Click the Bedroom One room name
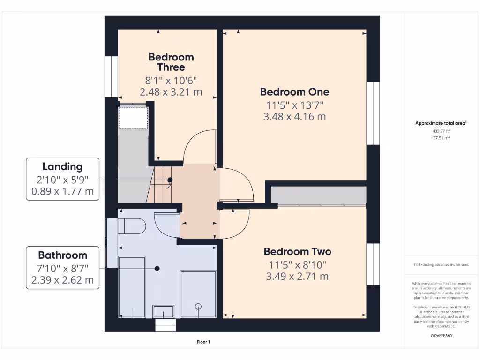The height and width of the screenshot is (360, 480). pyautogui.click(x=294, y=92)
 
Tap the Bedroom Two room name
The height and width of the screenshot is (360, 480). pyautogui.click(x=297, y=252)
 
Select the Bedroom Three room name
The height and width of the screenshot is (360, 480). pyautogui.click(x=171, y=62)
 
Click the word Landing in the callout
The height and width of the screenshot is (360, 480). pyautogui.click(x=62, y=166)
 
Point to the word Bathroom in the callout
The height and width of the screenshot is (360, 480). pyautogui.click(x=62, y=255)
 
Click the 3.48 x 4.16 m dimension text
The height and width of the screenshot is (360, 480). pyautogui.click(x=294, y=117)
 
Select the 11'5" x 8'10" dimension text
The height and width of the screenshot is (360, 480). pyautogui.click(x=297, y=264)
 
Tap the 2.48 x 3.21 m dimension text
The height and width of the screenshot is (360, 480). pyautogui.click(x=171, y=92)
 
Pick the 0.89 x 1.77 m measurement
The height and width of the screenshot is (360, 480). pyautogui.click(x=62, y=191)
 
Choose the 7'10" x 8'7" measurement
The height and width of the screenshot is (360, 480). pyautogui.click(x=62, y=268)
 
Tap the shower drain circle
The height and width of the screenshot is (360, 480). pyautogui.click(x=198, y=306)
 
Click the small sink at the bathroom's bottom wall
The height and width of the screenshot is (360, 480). pyautogui.click(x=164, y=311)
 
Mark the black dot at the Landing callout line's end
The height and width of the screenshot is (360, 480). pyautogui.click(x=170, y=180)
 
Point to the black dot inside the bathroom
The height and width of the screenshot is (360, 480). pyautogui.click(x=157, y=269)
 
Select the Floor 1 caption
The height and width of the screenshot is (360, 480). pyautogui.click(x=203, y=342)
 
